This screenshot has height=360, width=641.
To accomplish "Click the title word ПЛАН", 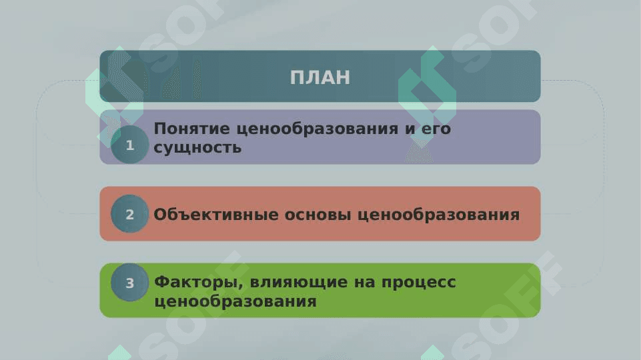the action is (x=320, y=77).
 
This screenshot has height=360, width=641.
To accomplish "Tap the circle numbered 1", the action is (x=129, y=145).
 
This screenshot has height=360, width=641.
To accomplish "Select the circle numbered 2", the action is (x=129, y=214).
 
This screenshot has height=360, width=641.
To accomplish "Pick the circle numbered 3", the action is (x=129, y=283).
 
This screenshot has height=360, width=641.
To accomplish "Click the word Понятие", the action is (x=191, y=129).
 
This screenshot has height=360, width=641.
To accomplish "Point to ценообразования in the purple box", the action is (x=317, y=129).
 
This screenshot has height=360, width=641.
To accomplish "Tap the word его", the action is (x=436, y=129).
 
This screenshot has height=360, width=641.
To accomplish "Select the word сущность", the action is (x=197, y=148).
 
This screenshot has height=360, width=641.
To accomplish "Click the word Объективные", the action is (x=216, y=215).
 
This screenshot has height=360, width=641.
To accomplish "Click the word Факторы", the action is (x=199, y=283).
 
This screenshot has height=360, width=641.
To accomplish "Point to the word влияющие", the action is (x=298, y=283).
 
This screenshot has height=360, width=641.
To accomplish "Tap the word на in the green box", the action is (x=364, y=283).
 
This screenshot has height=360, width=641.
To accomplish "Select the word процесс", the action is (x=419, y=283).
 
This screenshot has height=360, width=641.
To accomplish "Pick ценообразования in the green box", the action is (x=235, y=302).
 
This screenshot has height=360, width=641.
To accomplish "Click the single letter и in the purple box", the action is (x=410, y=129).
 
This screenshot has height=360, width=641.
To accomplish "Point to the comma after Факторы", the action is (x=240, y=287).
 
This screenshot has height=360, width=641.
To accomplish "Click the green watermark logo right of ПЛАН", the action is (x=427, y=96).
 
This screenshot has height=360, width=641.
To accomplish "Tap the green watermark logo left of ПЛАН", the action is (x=115, y=96).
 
